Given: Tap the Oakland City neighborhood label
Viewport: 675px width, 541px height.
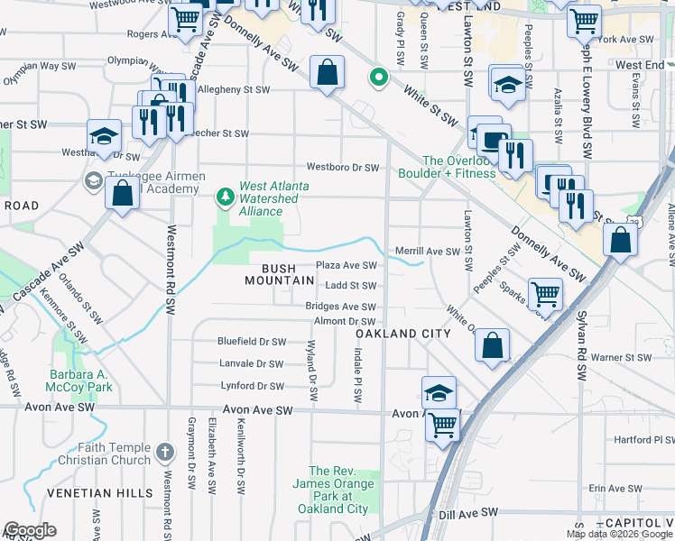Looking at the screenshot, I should coord(402,334).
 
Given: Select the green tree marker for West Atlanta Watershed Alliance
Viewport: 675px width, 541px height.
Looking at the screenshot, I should coord(225,196).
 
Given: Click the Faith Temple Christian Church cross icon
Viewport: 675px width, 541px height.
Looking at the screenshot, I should coord(164,450).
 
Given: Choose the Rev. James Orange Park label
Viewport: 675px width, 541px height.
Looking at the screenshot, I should coord(339,490).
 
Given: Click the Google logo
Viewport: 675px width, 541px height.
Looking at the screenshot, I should coord(30,530).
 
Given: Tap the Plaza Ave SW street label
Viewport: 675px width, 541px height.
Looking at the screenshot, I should coord(346,265).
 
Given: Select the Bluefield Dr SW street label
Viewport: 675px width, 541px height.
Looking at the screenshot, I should coord(252,342).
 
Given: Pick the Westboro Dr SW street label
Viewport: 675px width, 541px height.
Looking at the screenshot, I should coord(343,167).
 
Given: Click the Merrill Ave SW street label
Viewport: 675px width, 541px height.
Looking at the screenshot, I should coord(429,252).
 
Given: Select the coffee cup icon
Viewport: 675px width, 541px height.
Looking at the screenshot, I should coord(494,140).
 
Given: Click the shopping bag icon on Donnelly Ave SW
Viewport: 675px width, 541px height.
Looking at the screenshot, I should coord(327,72).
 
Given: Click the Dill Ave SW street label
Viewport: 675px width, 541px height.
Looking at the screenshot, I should coord(469,512).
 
